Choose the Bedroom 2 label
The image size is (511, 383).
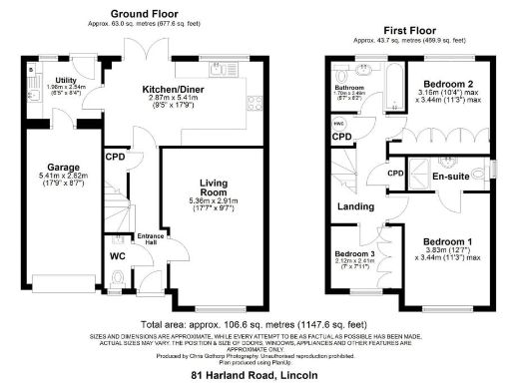[446, 83]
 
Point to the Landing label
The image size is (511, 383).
[356, 207]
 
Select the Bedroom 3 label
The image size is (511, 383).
[354, 254]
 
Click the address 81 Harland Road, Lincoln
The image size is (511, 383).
[255, 375]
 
